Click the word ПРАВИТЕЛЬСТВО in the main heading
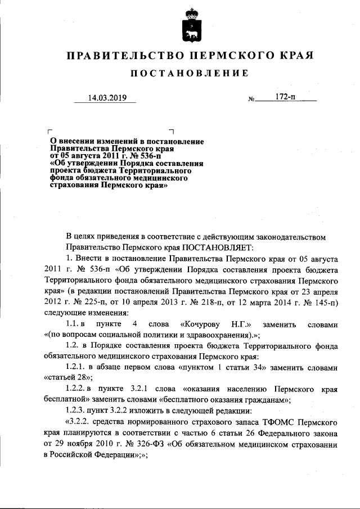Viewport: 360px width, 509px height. click(x=122, y=56)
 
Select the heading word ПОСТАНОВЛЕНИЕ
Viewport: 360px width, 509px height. click(x=189, y=74)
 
